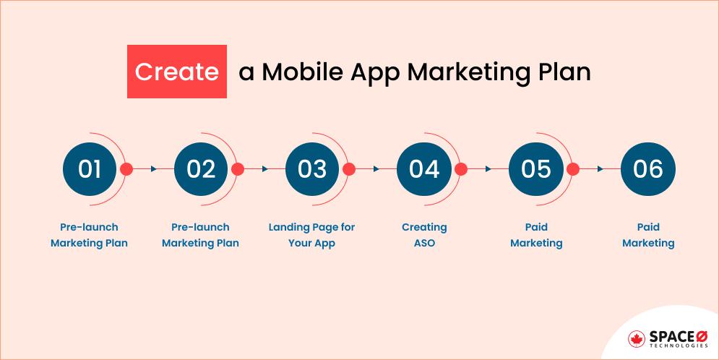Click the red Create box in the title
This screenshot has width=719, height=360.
[177, 72]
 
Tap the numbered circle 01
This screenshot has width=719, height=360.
[90, 169]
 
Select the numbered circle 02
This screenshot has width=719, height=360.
[201, 169]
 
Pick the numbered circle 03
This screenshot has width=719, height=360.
[312, 169]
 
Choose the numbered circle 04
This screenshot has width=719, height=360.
[424, 169]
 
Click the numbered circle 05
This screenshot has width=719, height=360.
[536, 169]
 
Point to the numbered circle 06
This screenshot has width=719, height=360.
[647, 169]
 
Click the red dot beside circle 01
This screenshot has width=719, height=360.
[126, 169]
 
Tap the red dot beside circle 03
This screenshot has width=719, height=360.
[349, 169]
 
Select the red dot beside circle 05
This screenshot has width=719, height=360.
[573, 169]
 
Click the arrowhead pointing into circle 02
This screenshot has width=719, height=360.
[153, 169]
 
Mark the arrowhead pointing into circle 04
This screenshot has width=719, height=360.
[376, 169]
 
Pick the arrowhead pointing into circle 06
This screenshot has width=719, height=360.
[600, 169]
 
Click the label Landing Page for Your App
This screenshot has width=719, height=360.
[312, 235]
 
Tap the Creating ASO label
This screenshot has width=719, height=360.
[424, 235]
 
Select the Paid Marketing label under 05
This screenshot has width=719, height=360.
[536, 235]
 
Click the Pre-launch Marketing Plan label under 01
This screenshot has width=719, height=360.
[90, 235]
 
